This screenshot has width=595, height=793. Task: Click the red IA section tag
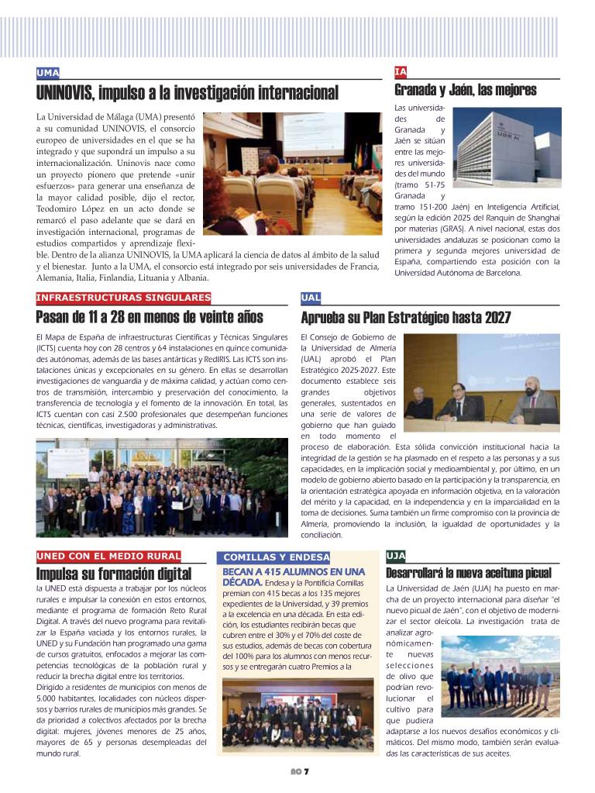[x=401, y=72]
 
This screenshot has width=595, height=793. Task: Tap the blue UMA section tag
[x=48, y=73]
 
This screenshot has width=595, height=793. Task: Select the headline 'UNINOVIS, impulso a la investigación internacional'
[x=187, y=94]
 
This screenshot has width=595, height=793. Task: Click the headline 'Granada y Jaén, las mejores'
[x=466, y=91]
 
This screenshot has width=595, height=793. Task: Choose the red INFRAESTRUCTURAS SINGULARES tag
[x=123, y=298]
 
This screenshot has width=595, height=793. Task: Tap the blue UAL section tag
[x=311, y=298]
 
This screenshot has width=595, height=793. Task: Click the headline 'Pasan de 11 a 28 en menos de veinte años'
[x=150, y=317]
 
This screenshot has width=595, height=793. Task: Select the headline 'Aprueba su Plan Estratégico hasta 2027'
[x=405, y=317]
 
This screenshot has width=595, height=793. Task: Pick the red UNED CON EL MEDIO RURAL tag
[x=108, y=556]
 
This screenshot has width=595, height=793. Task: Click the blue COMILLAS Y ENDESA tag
[x=276, y=557]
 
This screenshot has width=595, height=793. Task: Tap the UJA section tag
[x=395, y=556]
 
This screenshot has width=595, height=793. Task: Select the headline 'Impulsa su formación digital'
[x=114, y=574]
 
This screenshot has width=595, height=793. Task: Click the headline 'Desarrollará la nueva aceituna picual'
[x=469, y=574]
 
